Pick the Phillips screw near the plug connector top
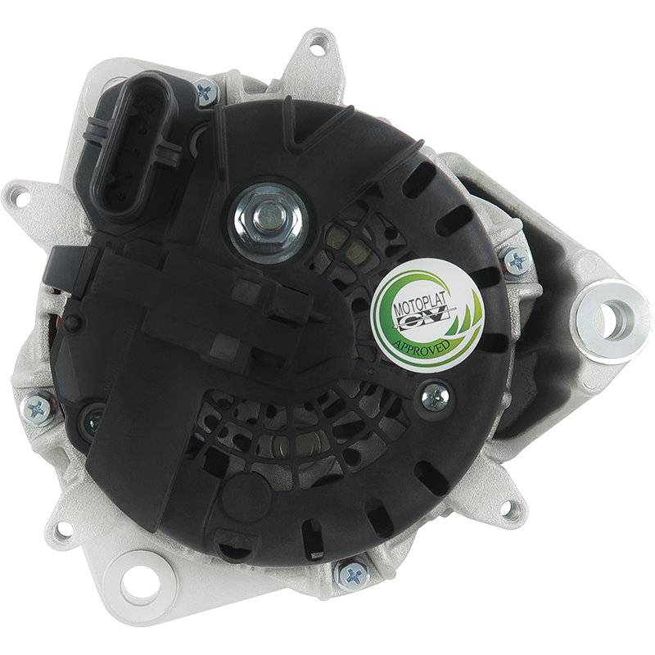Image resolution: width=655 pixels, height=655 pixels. (x=207, y=92)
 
